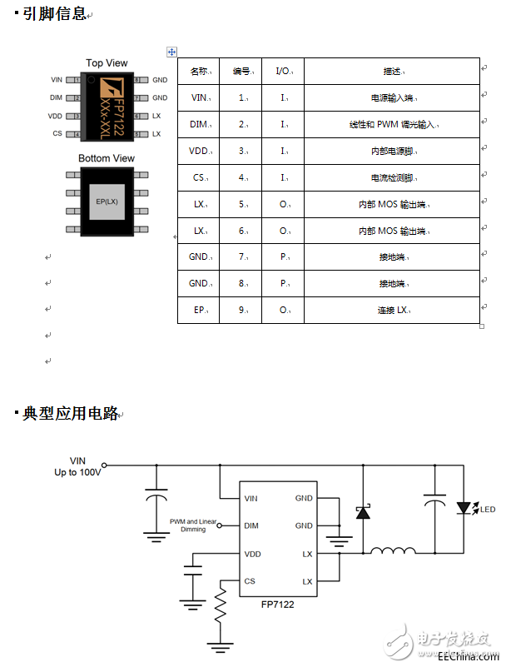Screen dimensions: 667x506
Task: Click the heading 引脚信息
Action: [x=54, y=13]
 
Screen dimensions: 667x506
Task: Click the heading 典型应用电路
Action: [x=70, y=413]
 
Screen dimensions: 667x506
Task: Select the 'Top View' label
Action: [x=107, y=63]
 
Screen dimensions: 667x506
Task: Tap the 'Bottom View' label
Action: [x=107, y=158]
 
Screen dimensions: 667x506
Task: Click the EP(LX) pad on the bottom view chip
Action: [x=107, y=201]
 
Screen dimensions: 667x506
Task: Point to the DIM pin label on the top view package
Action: [x=56, y=98]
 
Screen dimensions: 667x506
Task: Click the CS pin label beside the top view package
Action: [x=57, y=133]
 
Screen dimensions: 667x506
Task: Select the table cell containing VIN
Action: [x=200, y=97]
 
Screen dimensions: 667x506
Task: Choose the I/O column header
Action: [x=284, y=71]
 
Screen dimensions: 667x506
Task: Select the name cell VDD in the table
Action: [x=200, y=152]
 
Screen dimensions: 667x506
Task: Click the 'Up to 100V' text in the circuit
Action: [x=77, y=472]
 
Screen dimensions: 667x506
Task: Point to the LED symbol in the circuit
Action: [x=465, y=508]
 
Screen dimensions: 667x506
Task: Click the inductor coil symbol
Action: [x=394, y=551]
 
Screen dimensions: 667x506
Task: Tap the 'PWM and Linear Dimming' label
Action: [x=193, y=525]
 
